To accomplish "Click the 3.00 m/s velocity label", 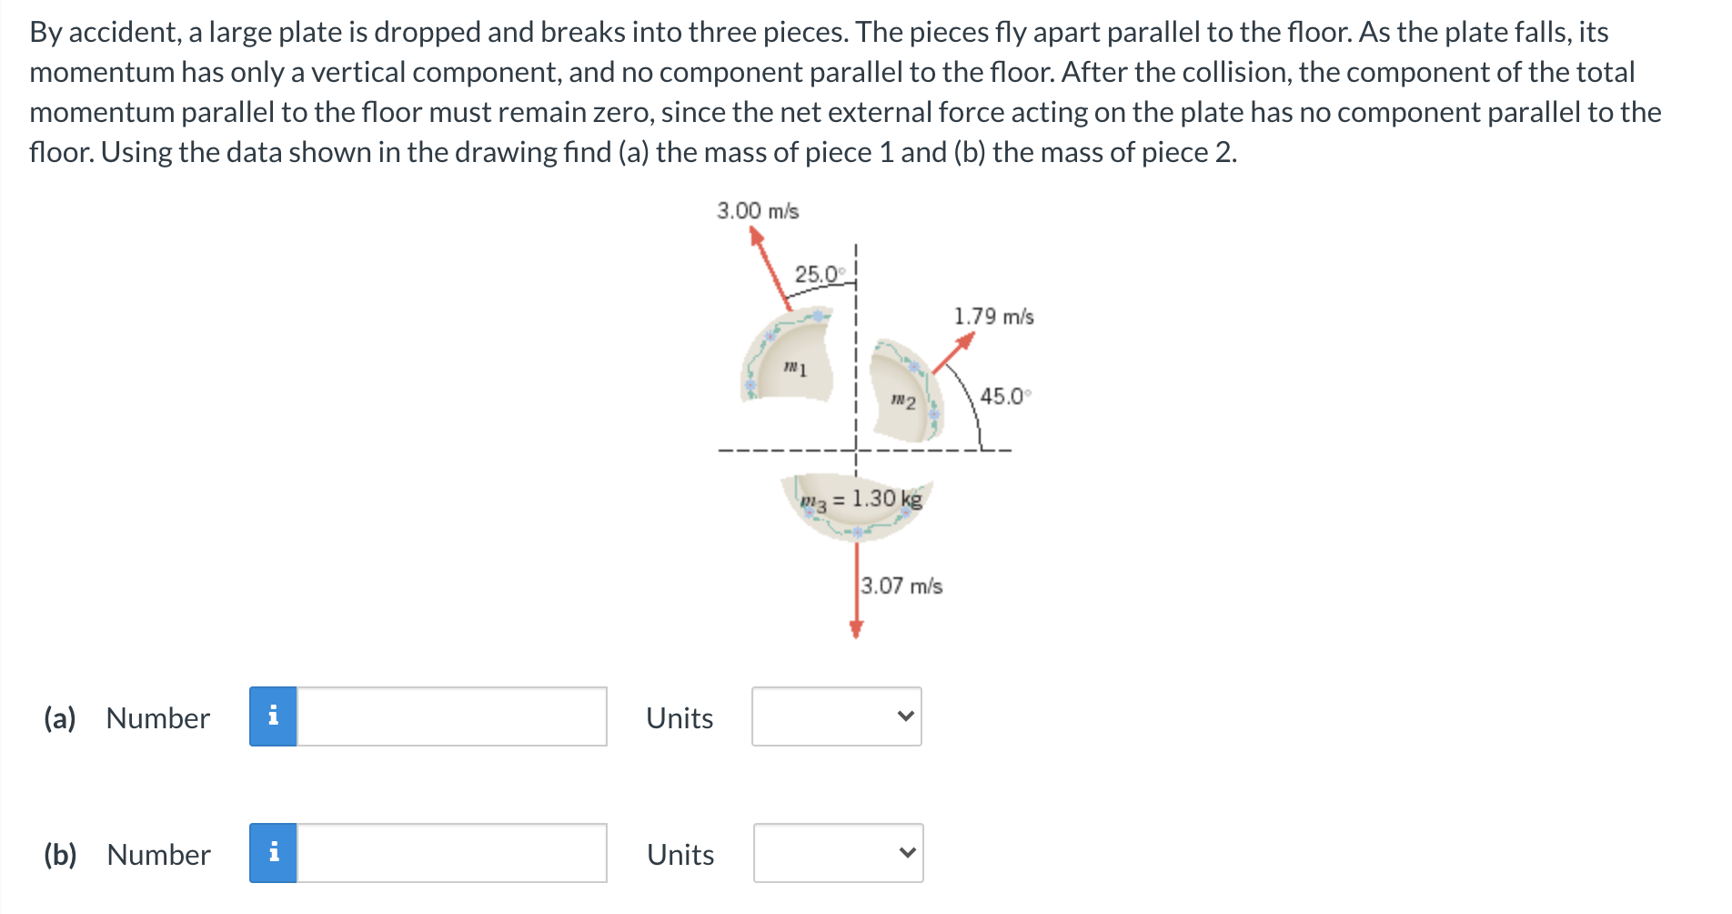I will pyautogui.click(x=758, y=211).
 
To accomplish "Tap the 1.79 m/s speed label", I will pyautogui.click(x=993, y=317).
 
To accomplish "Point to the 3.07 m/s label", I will pyautogui.click(x=901, y=585).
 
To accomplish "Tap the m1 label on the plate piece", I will pyautogui.click(x=795, y=368).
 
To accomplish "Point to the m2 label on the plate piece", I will pyautogui.click(x=902, y=401).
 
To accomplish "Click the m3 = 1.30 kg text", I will pyautogui.click(x=861, y=500).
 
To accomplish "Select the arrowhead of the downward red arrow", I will pyautogui.click(x=856, y=629).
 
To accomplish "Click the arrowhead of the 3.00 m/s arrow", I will pyautogui.click(x=755, y=236).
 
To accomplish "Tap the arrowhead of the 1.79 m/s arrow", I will pyautogui.click(x=965, y=340).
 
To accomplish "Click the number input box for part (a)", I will pyautogui.click(x=452, y=717).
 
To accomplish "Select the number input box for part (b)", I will pyautogui.click(x=452, y=854).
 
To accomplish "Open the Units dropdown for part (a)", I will pyautogui.click(x=837, y=717).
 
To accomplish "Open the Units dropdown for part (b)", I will pyautogui.click(x=838, y=854).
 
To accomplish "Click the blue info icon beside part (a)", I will pyautogui.click(x=273, y=717).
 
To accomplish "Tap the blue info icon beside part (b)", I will pyautogui.click(x=273, y=854).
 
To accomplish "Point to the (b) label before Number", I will pyautogui.click(x=60, y=855).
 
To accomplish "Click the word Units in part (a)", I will pyautogui.click(x=680, y=718).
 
